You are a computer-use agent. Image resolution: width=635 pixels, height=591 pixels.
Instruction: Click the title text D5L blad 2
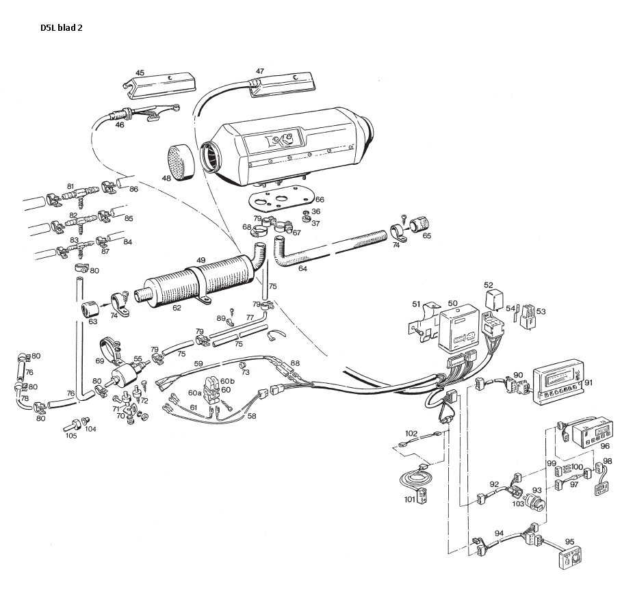tap(61, 27)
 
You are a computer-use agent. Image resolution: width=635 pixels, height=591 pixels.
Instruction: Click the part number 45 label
tap(140, 73)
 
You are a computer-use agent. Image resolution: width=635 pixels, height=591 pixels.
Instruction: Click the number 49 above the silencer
tap(200, 261)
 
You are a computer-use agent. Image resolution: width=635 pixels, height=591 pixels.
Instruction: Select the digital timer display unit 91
tap(558, 380)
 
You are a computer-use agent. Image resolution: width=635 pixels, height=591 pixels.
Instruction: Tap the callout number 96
tap(605, 446)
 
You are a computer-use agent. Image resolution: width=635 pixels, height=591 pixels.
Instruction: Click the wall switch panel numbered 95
tap(571, 558)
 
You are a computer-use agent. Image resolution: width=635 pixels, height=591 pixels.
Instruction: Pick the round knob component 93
tap(534, 502)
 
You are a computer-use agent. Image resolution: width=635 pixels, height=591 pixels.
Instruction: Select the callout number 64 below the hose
tap(302, 268)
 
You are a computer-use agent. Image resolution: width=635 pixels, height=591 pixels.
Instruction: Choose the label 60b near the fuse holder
tap(227, 381)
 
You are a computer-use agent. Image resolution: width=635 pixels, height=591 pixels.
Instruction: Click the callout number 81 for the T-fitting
tap(70, 187)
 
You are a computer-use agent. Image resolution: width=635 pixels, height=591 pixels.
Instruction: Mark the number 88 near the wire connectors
tap(295, 363)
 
